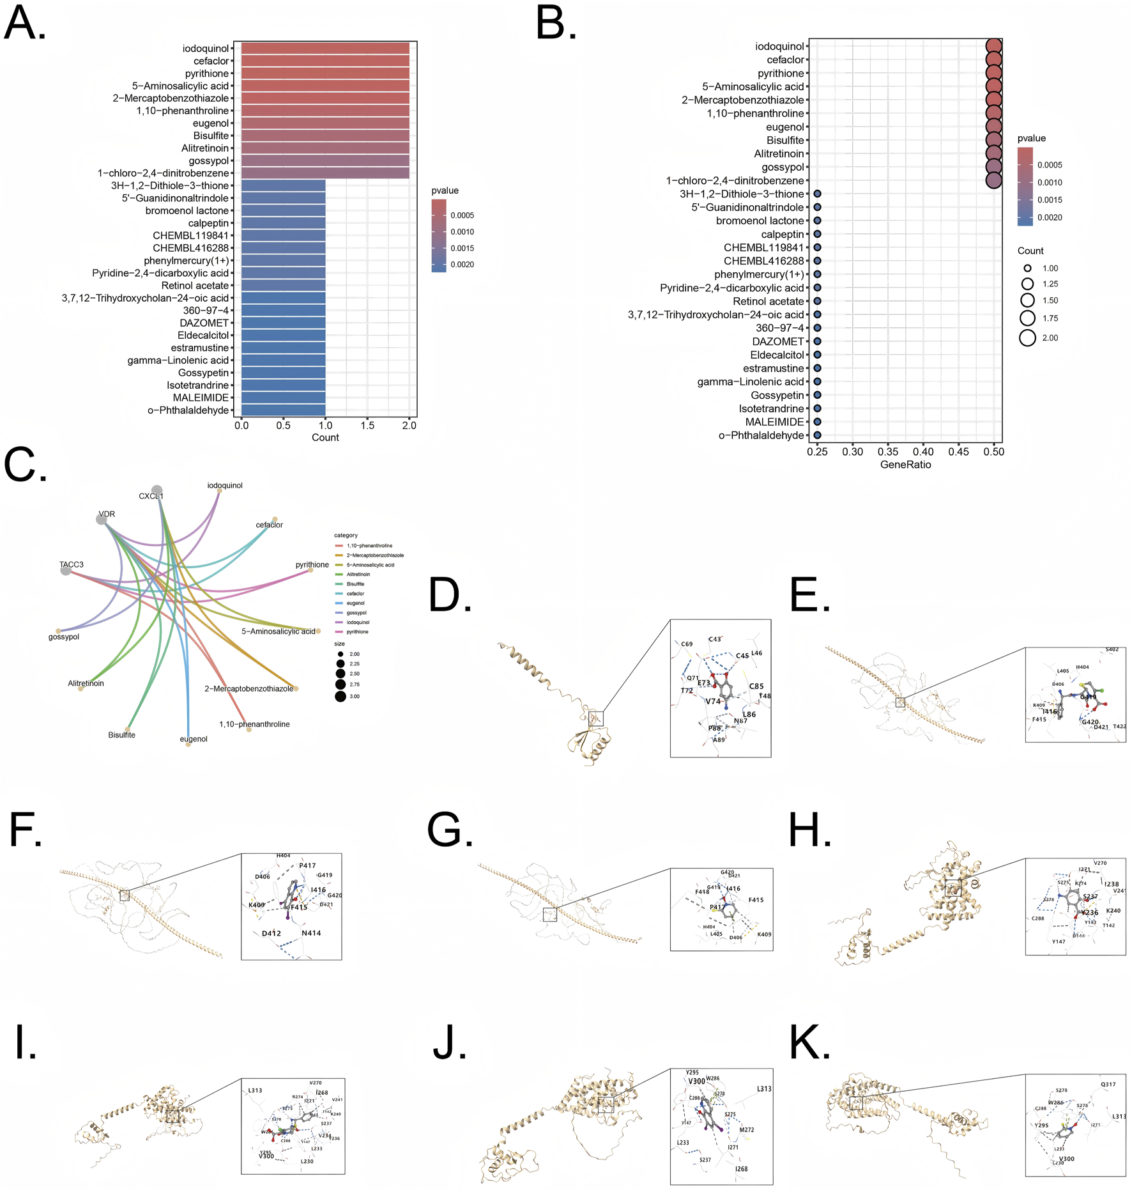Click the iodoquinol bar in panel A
click(325, 49)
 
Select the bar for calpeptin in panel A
click(283, 223)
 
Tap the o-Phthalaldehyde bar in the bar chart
click(283, 410)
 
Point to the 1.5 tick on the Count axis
click(367, 425)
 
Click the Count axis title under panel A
click(325, 438)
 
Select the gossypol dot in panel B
click(993, 167)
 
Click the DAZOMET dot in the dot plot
click(817, 341)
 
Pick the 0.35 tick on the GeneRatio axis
click(888, 452)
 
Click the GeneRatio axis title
click(905, 465)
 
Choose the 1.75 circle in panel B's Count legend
click(1027, 318)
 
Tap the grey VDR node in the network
click(102, 520)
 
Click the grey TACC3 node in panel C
click(66, 570)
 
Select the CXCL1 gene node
click(157, 490)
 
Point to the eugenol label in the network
click(194, 739)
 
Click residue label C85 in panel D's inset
click(756, 686)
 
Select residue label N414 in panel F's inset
click(311, 933)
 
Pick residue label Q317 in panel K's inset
click(1108, 1085)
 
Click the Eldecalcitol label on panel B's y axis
click(777, 355)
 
